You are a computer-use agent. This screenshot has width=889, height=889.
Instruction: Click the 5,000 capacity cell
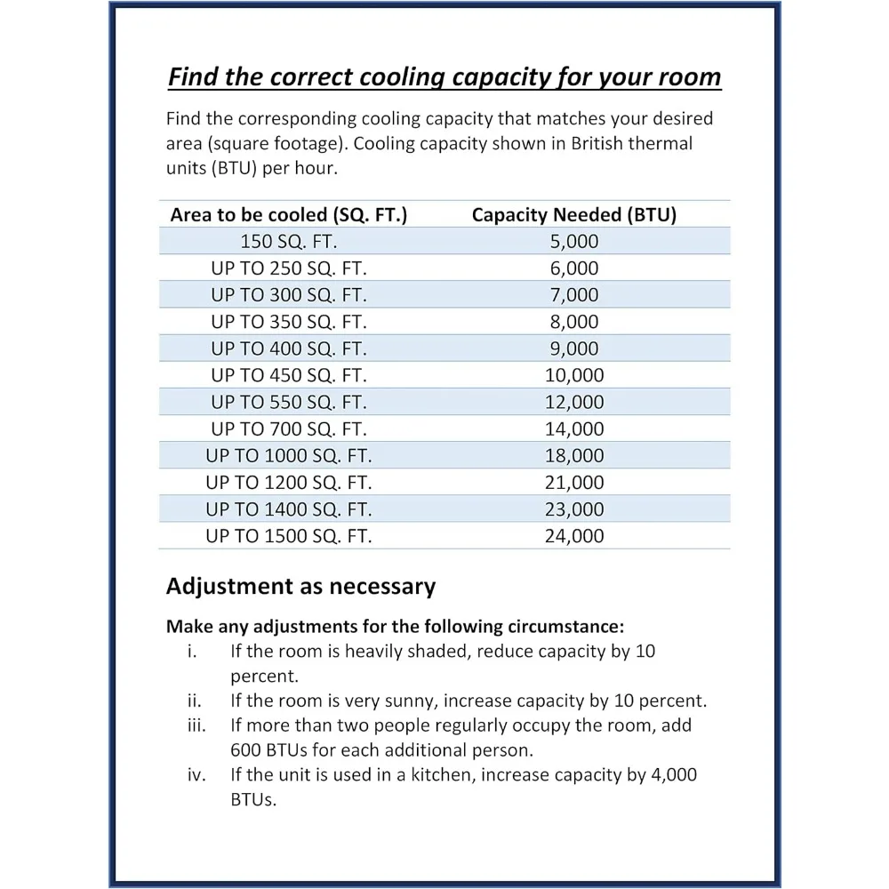574,242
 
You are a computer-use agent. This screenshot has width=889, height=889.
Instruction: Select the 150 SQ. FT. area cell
289,242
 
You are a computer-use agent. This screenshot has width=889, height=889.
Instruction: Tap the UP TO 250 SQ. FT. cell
289,268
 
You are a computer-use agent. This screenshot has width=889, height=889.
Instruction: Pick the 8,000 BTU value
574,322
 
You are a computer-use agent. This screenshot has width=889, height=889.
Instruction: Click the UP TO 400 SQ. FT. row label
289,348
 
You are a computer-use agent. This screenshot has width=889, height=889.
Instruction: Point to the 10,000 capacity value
574,375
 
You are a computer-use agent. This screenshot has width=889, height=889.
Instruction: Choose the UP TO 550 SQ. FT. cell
289,402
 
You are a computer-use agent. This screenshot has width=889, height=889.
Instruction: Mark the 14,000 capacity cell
574,428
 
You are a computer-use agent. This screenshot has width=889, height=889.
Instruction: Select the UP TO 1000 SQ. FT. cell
289,456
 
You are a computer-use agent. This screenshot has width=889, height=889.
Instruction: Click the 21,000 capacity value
574,483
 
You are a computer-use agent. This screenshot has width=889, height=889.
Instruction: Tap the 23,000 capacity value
574,509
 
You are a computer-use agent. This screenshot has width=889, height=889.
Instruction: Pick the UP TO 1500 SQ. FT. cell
289,536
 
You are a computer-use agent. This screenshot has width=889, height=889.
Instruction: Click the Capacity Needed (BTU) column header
574,215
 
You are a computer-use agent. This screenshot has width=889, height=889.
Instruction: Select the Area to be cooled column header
289,215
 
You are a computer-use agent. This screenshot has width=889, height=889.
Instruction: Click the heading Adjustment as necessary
300,587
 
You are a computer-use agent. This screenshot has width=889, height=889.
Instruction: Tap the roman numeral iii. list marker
196,725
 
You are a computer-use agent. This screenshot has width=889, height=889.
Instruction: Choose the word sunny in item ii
444,701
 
